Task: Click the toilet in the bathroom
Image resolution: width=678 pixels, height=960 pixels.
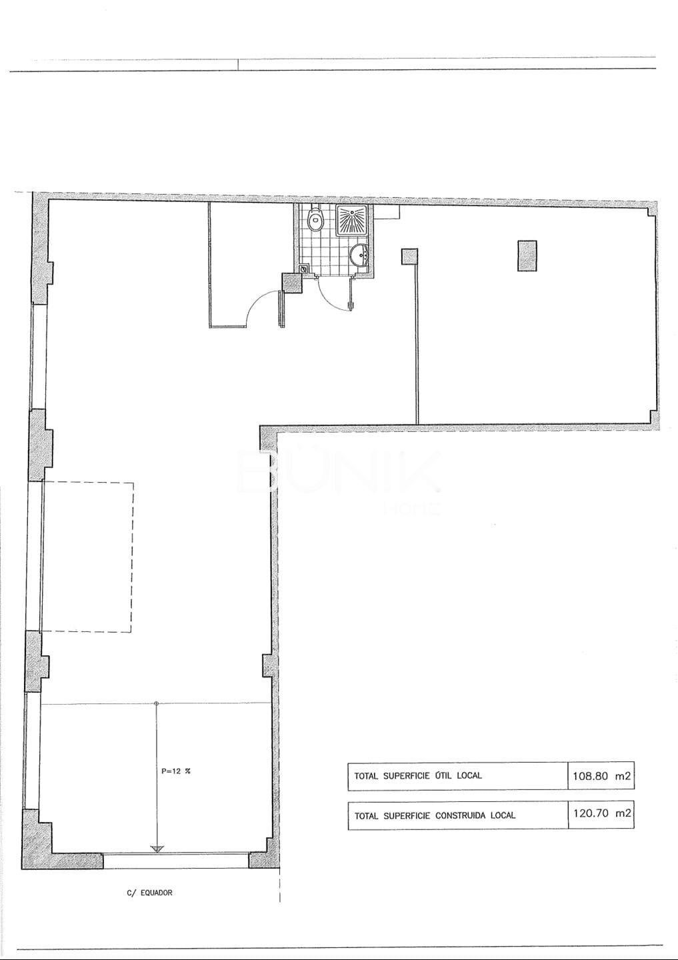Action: (x=316, y=220)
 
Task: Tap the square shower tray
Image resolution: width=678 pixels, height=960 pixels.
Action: (x=351, y=220)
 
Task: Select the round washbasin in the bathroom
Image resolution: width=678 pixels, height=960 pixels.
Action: (x=359, y=255)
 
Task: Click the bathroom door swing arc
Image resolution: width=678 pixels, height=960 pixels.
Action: (x=331, y=297)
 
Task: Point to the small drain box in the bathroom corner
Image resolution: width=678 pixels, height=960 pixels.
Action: (x=303, y=269)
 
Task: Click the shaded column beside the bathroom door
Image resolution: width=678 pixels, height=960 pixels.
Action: (x=292, y=283)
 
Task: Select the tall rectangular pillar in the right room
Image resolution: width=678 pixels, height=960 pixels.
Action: (x=527, y=255)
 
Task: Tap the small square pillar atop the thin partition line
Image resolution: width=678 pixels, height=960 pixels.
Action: (x=409, y=257)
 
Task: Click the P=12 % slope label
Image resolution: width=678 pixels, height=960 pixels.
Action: (x=176, y=771)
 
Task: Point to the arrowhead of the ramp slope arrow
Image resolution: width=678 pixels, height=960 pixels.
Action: (x=157, y=849)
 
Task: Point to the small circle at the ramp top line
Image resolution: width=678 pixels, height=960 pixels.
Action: (x=156, y=703)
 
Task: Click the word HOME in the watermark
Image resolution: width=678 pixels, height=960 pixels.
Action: (x=412, y=508)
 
